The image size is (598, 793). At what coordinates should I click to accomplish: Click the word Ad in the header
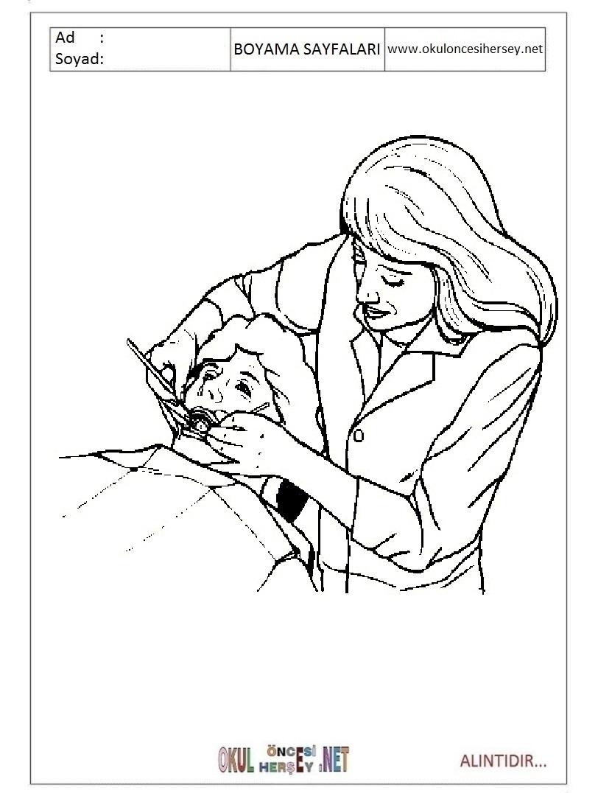tap(65, 38)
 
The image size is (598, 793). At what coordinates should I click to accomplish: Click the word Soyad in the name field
tap(79, 59)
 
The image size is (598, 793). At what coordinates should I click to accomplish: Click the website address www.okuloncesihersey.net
tap(465, 49)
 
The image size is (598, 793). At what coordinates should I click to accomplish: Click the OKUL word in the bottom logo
tap(236, 760)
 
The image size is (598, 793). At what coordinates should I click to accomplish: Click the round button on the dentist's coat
tap(359, 435)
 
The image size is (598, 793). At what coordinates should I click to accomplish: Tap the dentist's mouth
tap(374, 311)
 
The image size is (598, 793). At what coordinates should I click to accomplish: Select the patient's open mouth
tap(203, 419)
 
